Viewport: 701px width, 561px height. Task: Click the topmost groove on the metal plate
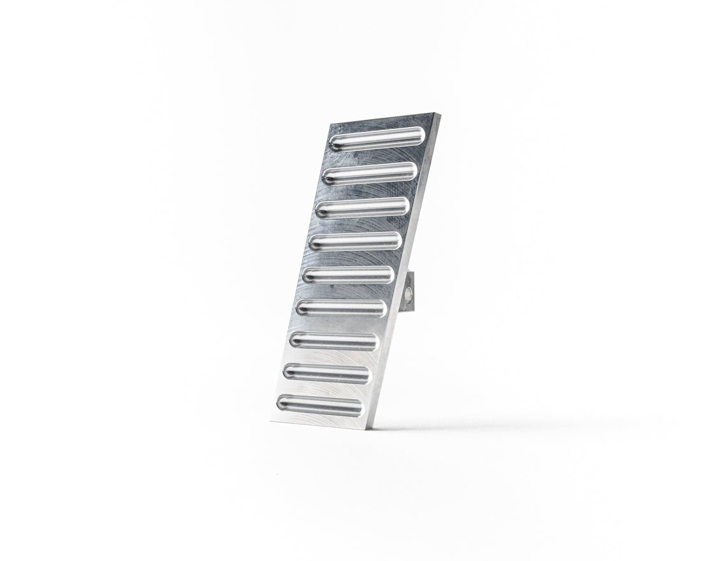[377, 139]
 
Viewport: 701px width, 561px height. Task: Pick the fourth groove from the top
[355, 241]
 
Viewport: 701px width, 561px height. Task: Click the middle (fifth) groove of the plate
[348, 275]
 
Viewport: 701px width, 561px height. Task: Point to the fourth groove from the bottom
[341, 309]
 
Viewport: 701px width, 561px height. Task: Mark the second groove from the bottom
[327, 373]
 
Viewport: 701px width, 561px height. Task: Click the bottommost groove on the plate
[320, 404]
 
